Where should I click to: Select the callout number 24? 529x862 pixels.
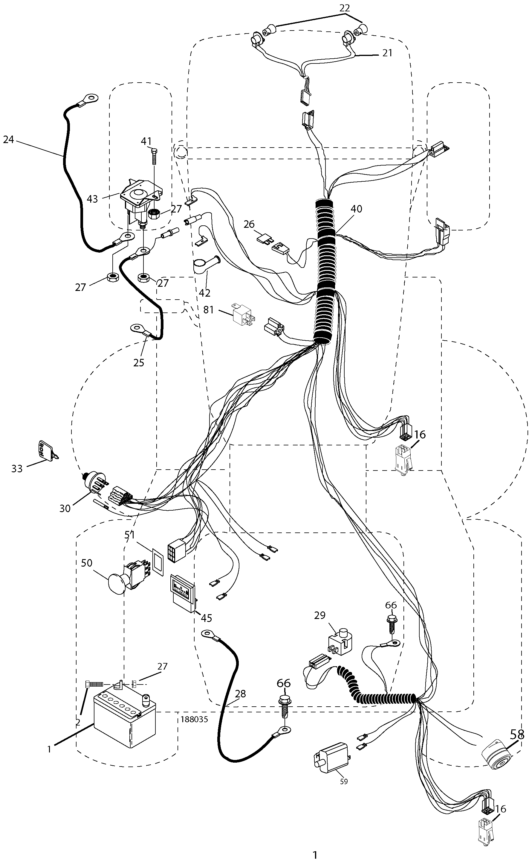8,139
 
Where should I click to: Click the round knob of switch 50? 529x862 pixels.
117,583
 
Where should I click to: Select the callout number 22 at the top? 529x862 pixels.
344,8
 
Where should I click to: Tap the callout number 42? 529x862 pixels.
205,292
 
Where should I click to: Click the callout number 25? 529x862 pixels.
139,362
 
